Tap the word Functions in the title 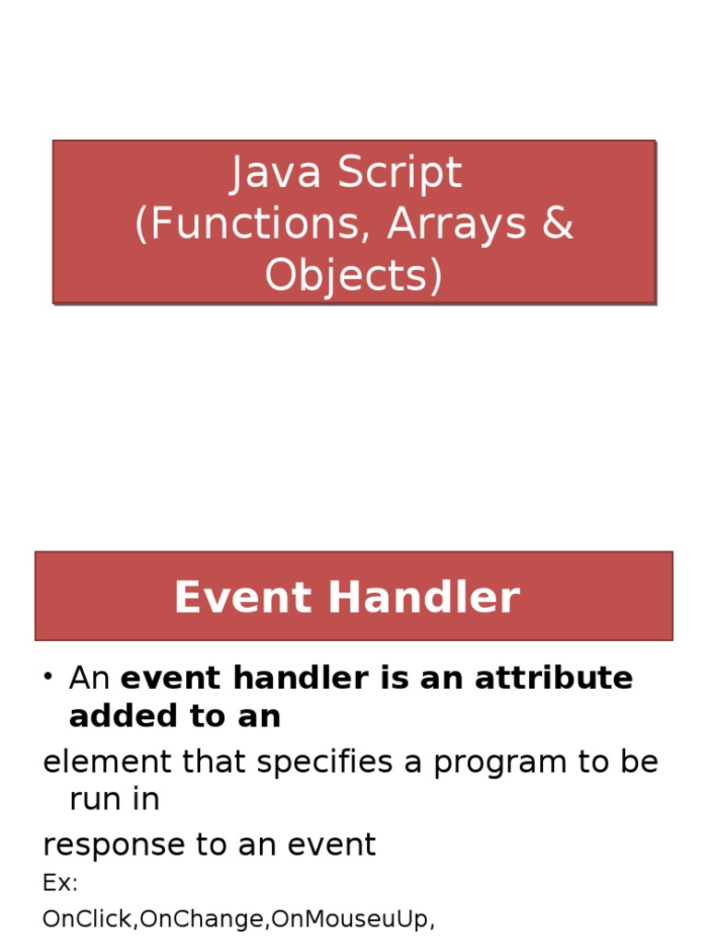251,225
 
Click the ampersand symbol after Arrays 558,225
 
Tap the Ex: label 60,883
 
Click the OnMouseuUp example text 346,919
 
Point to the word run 92,799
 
